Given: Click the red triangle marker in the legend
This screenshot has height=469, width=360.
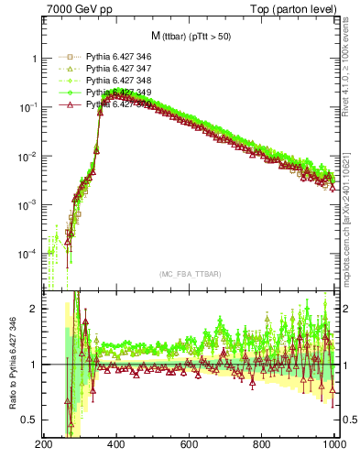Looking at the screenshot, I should pyautogui.click(x=66, y=104).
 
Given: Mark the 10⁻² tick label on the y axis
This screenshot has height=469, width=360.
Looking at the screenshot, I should pyautogui.click(x=28, y=157).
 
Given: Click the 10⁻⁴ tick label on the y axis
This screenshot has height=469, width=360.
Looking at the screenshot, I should pyautogui.click(x=28, y=253).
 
